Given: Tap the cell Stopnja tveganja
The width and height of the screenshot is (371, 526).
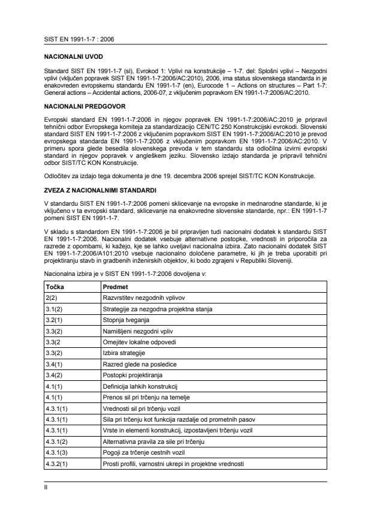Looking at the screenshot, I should pyautogui.click(x=127, y=320).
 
